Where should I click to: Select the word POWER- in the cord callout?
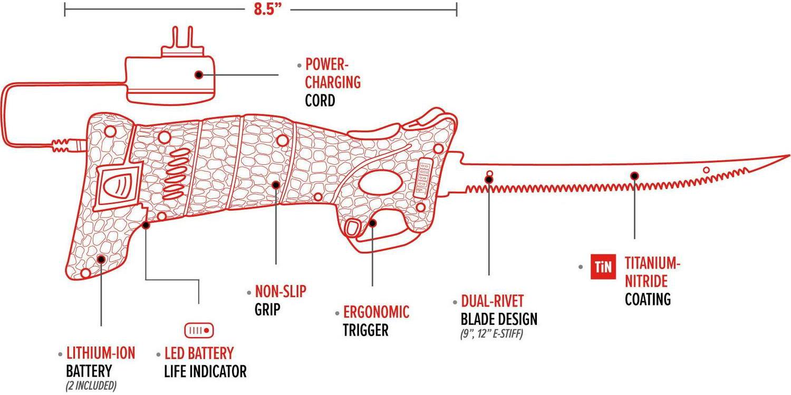327,65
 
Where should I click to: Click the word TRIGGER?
365,330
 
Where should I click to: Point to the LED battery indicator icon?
199,331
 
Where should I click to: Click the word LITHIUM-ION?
101,353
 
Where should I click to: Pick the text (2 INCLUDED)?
91,386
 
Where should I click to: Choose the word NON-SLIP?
281,291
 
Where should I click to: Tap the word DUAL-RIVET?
493,301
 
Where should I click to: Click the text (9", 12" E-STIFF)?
495,334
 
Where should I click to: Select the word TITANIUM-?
650,262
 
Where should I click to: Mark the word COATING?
648,299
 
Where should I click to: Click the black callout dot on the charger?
199,75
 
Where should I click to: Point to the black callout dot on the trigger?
372,223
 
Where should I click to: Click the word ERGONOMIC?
376,312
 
